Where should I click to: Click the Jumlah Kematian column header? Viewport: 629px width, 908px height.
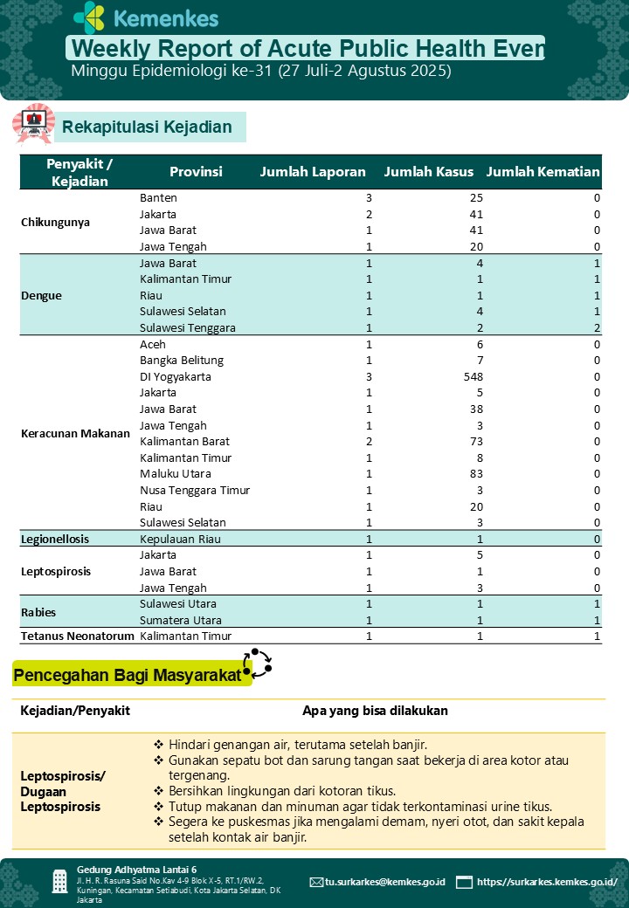[543, 172]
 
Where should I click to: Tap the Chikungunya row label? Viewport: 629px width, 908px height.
[55, 222]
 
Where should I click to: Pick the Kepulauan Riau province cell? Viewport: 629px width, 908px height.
[180, 539]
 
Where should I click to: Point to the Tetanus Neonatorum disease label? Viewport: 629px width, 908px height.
[78, 636]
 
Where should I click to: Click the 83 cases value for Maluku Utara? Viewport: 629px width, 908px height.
[476, 474]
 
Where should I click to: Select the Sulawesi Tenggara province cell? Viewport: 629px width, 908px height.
[188, 328]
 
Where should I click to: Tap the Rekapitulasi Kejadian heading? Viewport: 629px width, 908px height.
[147, 127]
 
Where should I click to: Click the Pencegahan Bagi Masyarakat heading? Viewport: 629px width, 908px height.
[128, 675]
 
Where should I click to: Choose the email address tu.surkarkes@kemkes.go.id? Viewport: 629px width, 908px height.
[384, 882]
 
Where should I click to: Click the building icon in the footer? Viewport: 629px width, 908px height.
[59, 881]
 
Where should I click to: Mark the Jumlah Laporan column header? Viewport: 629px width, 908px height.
[313, 172]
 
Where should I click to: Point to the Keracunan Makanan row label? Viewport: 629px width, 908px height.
[75, 433]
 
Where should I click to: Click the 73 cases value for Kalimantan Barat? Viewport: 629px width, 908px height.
[476, 442]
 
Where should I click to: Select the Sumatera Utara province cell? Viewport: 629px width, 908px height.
[180, 620]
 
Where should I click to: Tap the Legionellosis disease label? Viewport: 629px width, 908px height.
[55, 539]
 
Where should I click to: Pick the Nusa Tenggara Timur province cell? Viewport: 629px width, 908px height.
[195, 491]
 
